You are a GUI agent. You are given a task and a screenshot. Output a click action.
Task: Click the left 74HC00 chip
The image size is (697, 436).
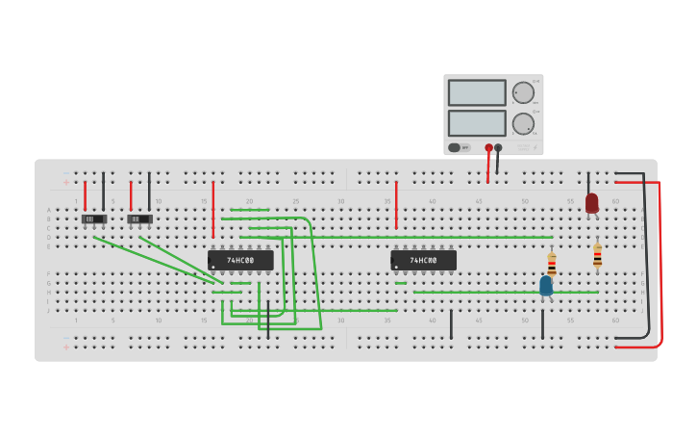point(240,260)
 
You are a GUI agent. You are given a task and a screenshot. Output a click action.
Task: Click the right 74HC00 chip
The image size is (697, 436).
point(423,260)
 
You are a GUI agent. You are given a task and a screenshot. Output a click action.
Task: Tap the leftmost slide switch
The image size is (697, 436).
point(93,219)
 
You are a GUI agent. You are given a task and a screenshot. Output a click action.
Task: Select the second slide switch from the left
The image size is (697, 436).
point(139,219)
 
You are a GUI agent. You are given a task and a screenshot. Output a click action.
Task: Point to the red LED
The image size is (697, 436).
point(591,202)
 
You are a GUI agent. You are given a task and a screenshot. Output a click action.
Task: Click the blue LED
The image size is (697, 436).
point(546,285)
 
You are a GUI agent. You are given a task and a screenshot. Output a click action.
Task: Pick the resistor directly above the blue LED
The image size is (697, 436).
point(551,263)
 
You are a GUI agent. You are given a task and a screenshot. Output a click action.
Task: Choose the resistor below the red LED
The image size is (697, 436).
point(597,255)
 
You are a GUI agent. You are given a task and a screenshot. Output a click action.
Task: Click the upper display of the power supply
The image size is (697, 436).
point(477,92)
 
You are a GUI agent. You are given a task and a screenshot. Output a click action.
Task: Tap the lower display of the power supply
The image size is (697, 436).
point(477,123)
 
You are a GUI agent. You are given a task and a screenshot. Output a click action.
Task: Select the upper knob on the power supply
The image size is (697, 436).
point(523,92)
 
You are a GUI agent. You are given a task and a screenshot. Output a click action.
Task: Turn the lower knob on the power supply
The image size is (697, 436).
point(523,123)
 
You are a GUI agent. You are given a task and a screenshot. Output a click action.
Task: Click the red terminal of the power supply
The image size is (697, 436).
point(488,148)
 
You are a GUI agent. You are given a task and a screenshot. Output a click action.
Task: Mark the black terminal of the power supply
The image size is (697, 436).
point(498,148)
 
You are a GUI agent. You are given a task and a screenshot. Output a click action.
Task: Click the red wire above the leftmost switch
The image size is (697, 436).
point(85,195)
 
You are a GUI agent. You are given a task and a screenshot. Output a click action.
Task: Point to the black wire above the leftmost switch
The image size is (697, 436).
point(103,191)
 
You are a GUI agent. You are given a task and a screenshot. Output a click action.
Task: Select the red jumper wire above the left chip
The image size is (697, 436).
point(212,209)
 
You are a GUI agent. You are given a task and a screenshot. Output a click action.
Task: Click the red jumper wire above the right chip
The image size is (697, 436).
point(396,205)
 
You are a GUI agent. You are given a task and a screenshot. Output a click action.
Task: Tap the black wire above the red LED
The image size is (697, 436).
point(588,183)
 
